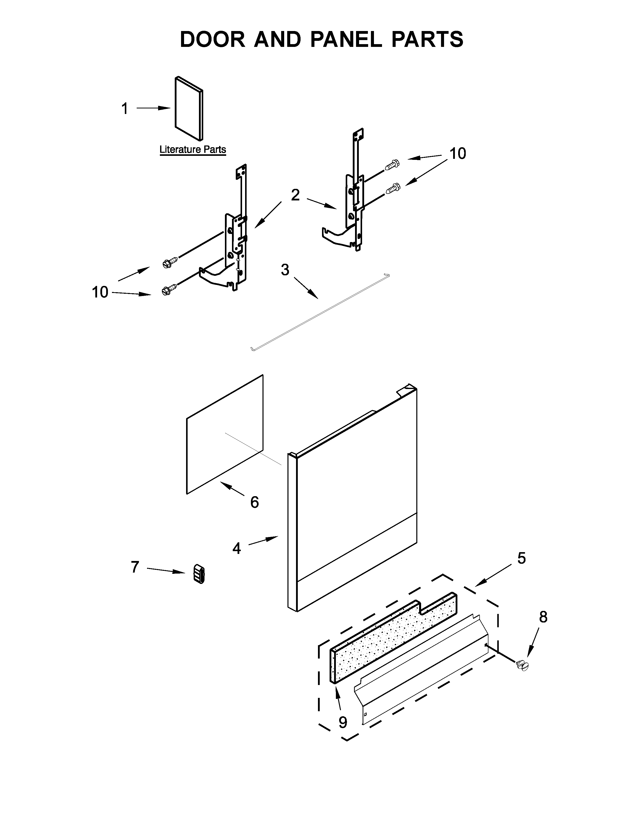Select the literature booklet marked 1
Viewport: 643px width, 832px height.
tap(189, 109)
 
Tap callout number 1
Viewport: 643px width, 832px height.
tap(125, 109)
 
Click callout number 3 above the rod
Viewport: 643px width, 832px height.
tap(285, 270)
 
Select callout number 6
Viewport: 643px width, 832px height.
tap(254, 502)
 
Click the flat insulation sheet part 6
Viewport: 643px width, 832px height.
tap(224, 434)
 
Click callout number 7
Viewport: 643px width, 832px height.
tap(135, 567)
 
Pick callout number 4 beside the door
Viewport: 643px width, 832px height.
tap(237, 549)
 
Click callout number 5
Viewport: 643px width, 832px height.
tap(521, 558)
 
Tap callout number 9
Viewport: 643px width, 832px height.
tap(343, 722)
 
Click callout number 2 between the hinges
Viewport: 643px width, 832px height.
tap(295, 195)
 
